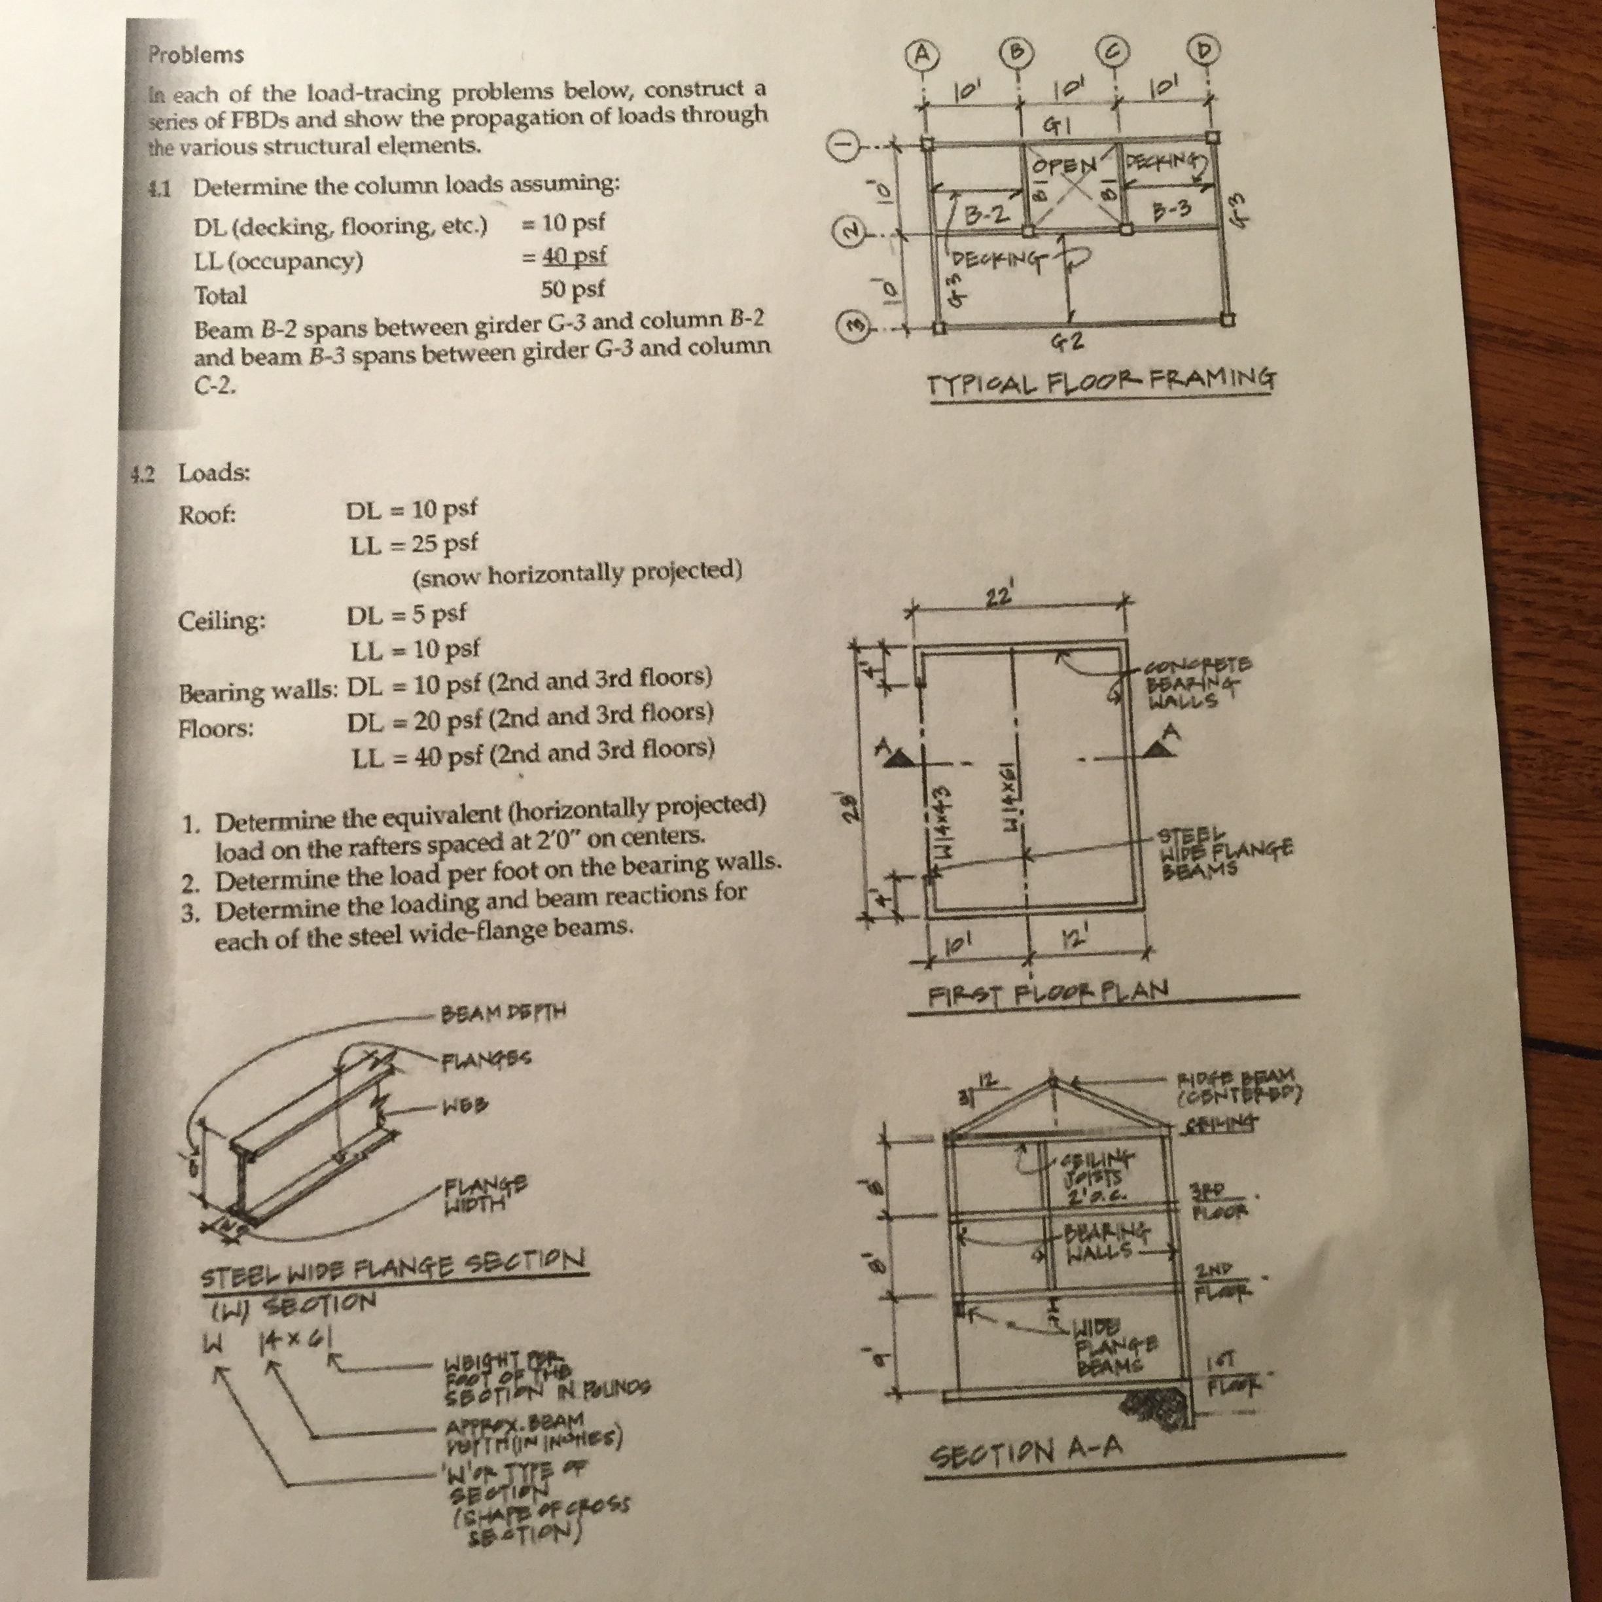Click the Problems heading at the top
click(x=196, y=55)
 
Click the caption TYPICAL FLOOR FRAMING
click(x=1101, y=382)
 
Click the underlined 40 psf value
click(x=575, y=255)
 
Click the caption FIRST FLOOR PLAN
click(x=1048, y=991)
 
